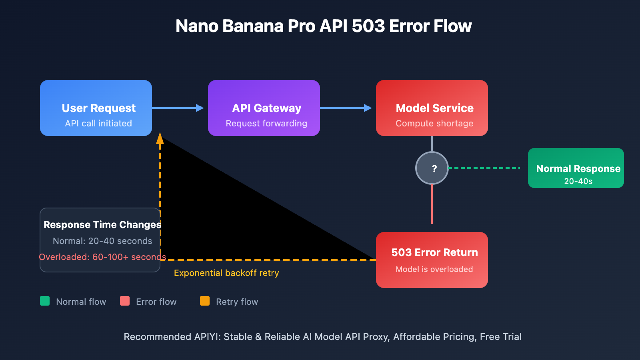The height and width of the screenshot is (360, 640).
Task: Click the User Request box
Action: click(x=96, y=108)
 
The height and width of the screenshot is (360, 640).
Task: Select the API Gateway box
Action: click(x=264, y=108)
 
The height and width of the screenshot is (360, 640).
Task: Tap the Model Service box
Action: click(x=432, y=108)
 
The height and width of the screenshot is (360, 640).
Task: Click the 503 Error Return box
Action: click(x=432, y=260)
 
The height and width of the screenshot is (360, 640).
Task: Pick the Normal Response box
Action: click(x=576, y=168)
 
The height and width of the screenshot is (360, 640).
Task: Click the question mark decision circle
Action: click(x=432, y=168)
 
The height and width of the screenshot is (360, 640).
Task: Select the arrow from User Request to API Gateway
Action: click(x=178, y=108)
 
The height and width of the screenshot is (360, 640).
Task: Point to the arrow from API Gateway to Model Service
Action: click(x=346, y=108)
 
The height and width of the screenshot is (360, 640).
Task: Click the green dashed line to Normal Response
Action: click(x=484, y=168)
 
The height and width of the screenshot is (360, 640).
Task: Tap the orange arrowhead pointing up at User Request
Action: click(x=160, y=138)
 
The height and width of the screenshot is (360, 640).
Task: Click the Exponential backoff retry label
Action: click(x=226, y=273)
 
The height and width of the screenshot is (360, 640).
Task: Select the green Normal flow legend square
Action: click(x=45, y=301)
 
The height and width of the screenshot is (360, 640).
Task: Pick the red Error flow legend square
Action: click(x=125, y=301)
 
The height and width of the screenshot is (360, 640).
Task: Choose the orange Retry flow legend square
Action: click(x=205, y=301)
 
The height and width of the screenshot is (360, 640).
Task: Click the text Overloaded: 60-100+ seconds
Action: click(x=102, y=257)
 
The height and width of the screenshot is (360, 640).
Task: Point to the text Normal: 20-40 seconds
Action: click(x=102, y=241)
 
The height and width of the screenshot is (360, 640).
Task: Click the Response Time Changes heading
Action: click(x=102, y=225)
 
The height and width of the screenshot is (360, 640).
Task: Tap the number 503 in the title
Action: click(x=368, y=26)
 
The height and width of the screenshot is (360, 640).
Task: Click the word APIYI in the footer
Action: click(x=207, y=337)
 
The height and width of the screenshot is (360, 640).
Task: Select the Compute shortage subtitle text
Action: click(x=434, y=124)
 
